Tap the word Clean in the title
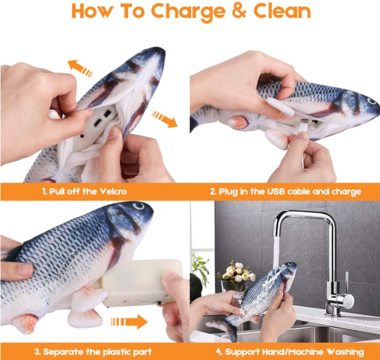tap(282, 11)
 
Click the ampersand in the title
tap(239, 11)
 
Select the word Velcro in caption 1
tap(113, 191)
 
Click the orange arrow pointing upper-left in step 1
tap(80, 68)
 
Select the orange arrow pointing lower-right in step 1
tap(165, 119)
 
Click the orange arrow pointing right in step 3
tap(129, 322)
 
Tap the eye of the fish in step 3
tap(138, 206)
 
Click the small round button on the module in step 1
tap(82, 136)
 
